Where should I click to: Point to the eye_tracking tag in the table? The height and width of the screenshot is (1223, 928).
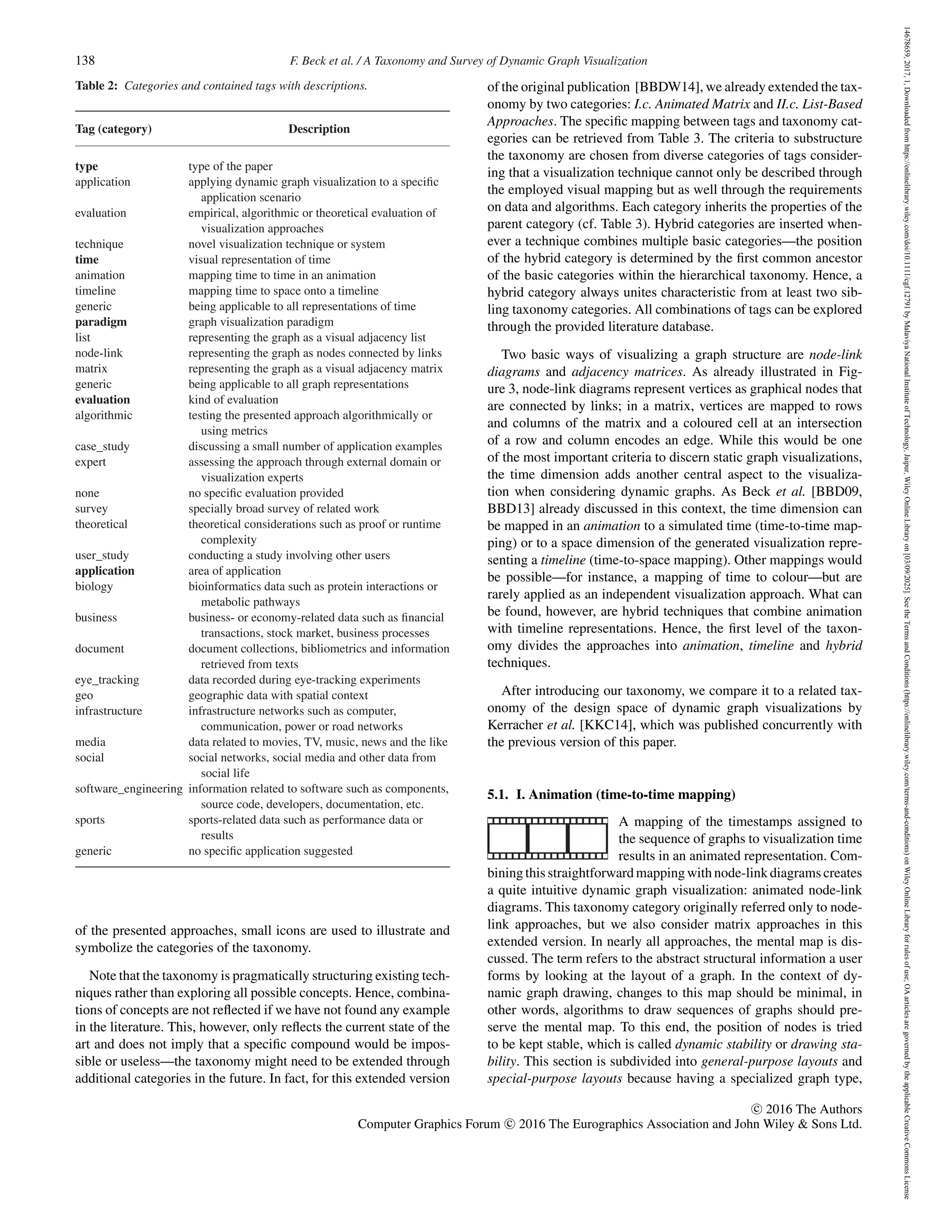107,680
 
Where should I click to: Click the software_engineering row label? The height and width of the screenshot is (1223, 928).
128,789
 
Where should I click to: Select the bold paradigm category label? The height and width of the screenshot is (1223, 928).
101,322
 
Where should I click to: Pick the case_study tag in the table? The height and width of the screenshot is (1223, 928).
102,446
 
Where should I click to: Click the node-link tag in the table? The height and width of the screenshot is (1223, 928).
98,353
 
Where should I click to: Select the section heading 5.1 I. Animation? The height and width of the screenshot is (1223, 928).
611,794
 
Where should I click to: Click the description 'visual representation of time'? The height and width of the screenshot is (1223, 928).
259,260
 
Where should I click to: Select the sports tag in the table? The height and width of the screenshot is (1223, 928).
90,820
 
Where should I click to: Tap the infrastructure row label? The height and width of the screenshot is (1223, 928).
108,711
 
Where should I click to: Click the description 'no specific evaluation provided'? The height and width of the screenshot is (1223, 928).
266,493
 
